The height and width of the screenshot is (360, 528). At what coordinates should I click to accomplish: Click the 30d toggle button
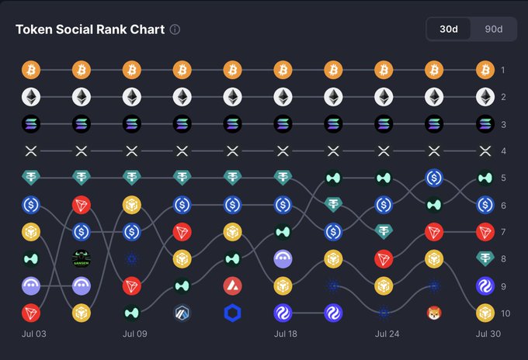click(449, 29)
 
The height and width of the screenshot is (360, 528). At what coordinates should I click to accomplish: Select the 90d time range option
click(494, 29)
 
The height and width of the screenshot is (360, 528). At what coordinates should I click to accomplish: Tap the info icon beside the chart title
click(175, 29)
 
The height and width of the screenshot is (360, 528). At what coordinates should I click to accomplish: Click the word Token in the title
click(33, 29)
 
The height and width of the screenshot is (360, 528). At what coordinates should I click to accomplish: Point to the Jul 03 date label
click(34, 334)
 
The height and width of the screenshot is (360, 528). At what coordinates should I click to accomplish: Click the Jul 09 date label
click(134, 334)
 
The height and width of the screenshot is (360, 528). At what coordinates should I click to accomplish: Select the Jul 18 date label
click(286, 334)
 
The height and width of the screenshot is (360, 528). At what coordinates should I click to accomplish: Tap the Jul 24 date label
click(387, 334)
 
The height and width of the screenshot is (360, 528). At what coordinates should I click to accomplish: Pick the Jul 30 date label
click(488, 334)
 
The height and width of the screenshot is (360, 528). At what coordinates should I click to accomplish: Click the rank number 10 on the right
click(505, 313)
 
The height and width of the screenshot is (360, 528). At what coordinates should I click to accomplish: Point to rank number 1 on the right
click(502, 71)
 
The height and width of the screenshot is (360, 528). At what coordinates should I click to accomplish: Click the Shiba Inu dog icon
click(434, 313)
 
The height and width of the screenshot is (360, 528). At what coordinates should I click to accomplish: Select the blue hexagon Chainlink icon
click(232, 313)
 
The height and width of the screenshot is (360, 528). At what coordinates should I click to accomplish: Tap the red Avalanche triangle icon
click(232, 286)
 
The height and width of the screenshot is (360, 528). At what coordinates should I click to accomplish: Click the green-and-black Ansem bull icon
click(82, 258)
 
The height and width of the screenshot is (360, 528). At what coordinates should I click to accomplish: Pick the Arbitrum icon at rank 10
click(182, 313)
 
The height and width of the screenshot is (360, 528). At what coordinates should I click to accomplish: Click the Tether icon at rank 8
click(485, 258)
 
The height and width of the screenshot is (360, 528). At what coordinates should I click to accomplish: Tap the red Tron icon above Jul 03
click(31, 313)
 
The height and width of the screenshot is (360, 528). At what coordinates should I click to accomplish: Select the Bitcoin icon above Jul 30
click(485, 70)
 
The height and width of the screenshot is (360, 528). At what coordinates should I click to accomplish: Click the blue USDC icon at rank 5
click(434, 178)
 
